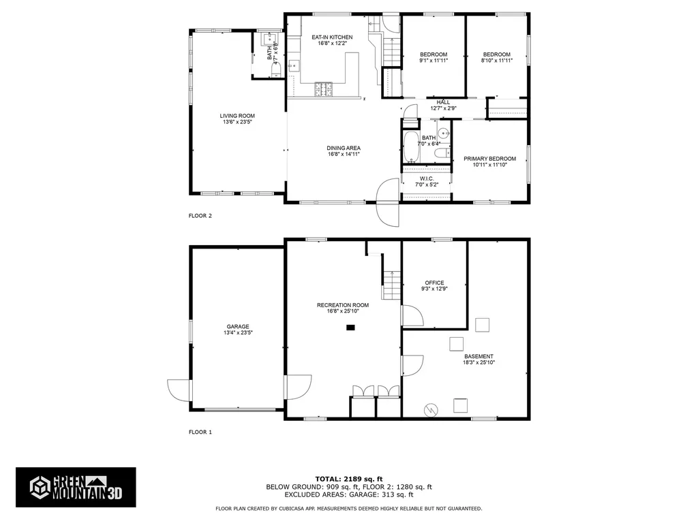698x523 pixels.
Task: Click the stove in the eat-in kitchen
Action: (324, 89)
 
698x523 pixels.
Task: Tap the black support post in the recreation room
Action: (351, 328)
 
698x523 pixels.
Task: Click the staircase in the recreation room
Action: (391, 285)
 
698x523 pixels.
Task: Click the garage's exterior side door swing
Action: (178, 391)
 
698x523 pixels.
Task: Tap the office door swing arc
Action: (412, 316)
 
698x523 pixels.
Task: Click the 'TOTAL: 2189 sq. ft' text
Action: (348, 479)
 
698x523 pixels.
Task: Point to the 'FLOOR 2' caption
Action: (200, 216)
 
